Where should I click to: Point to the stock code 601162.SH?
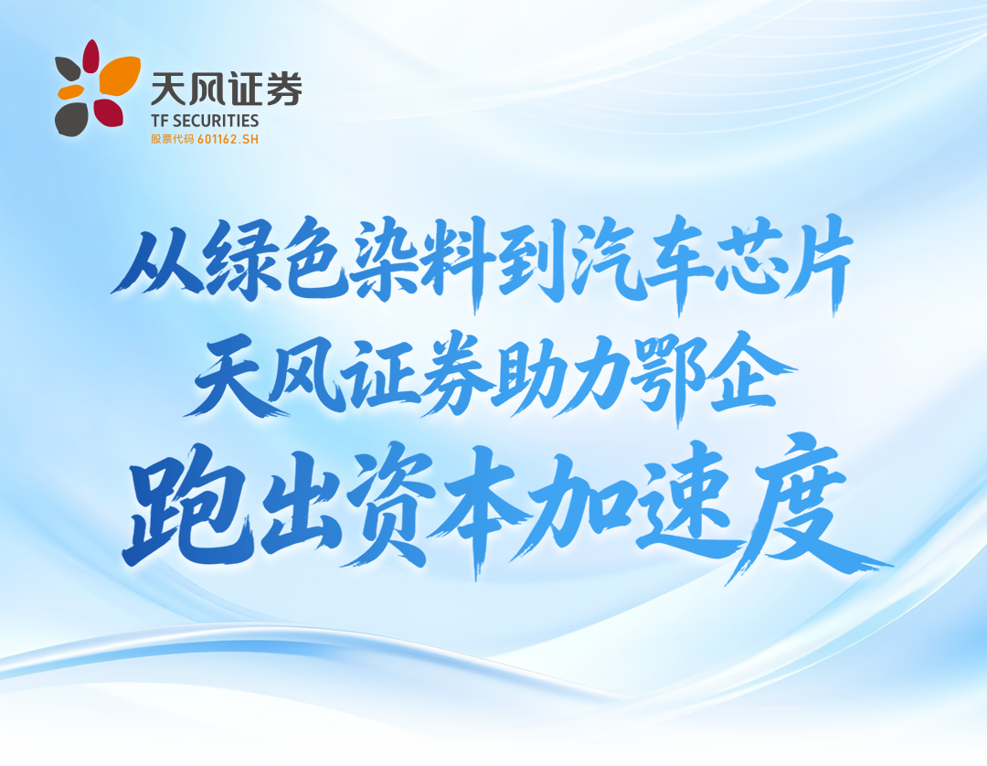pos(228,139)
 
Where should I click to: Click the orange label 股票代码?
pos(173,139)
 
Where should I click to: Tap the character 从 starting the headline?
pos(154,261)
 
